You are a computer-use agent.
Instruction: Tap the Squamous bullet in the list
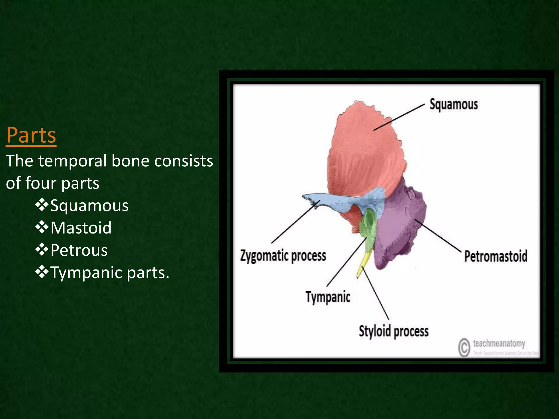tap(89, 205)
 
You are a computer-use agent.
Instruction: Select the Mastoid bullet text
tap(81, 228)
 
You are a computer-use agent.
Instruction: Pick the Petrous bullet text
tap(79, 250)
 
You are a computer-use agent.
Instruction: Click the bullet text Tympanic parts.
tap(110, 273)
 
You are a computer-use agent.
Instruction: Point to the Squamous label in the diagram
tap(454, 104)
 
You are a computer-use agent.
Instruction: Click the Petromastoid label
tap(496, 256)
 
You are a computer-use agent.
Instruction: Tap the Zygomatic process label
tap(283, 256)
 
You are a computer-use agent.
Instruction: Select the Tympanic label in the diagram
tap(328, 297)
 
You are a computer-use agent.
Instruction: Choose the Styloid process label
tap(394, 331)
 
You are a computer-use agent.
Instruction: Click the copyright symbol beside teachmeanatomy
tap(464, 347)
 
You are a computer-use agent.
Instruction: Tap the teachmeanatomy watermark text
tap(499, 343)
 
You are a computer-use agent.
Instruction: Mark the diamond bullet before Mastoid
tap(41, 227)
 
